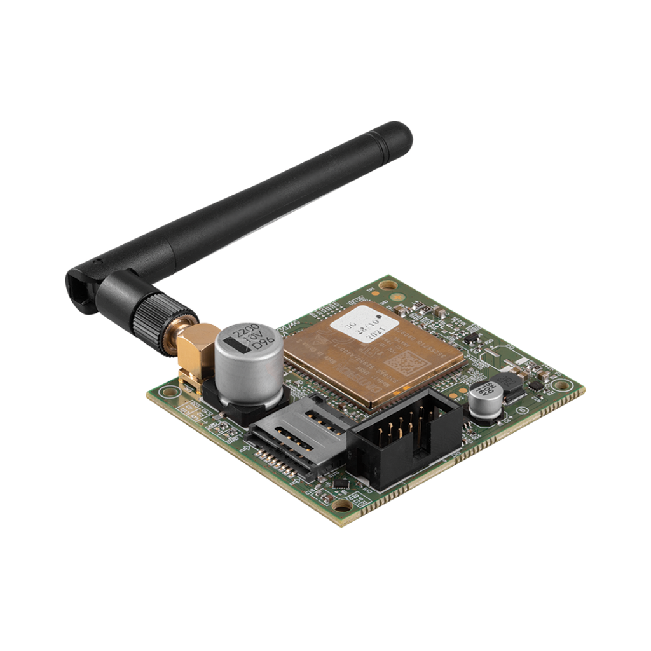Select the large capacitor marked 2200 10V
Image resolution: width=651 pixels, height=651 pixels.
click(x=249, y=366)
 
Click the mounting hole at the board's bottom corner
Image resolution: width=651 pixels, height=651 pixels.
click(x=343, y=505)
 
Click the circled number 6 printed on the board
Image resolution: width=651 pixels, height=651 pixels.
click(x=523, y=411)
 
